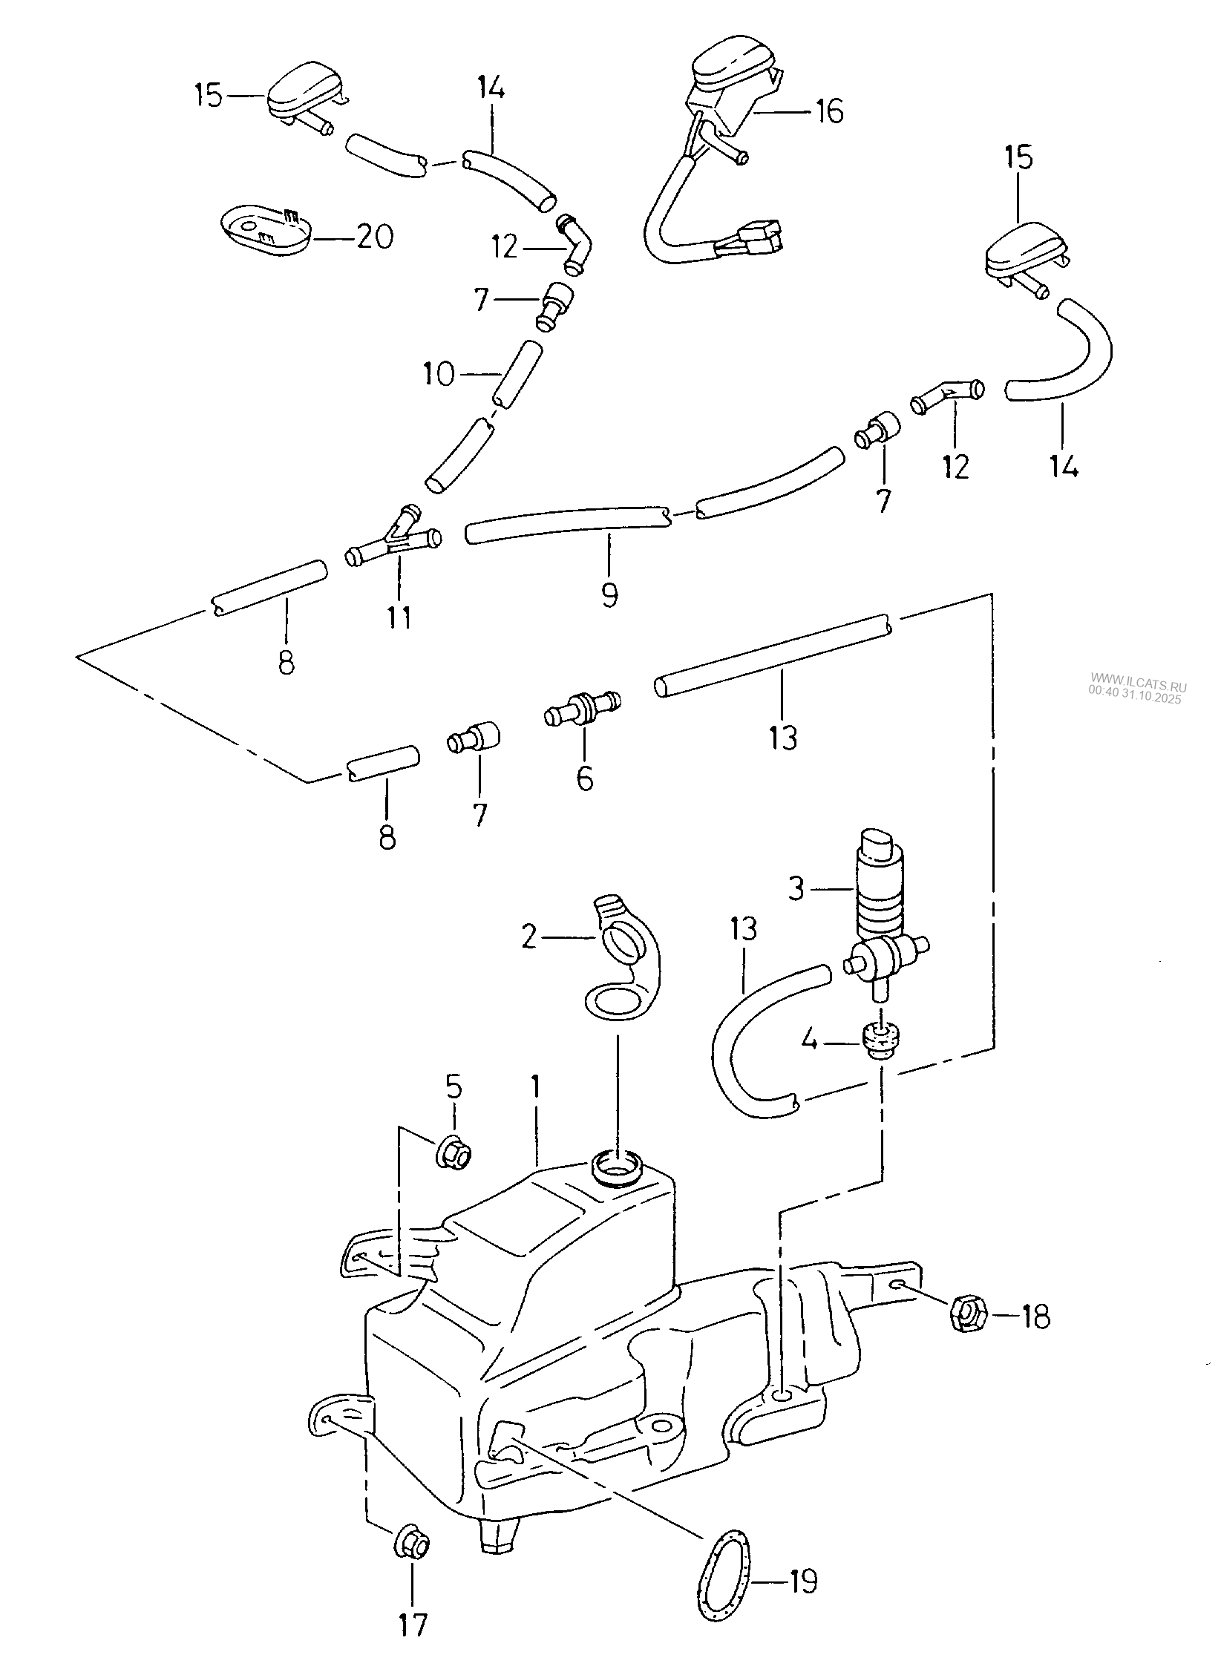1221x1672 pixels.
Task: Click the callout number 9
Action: pos(609,594)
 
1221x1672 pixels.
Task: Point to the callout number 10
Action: pos(439,375)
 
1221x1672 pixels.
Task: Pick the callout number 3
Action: pos(796,888)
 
